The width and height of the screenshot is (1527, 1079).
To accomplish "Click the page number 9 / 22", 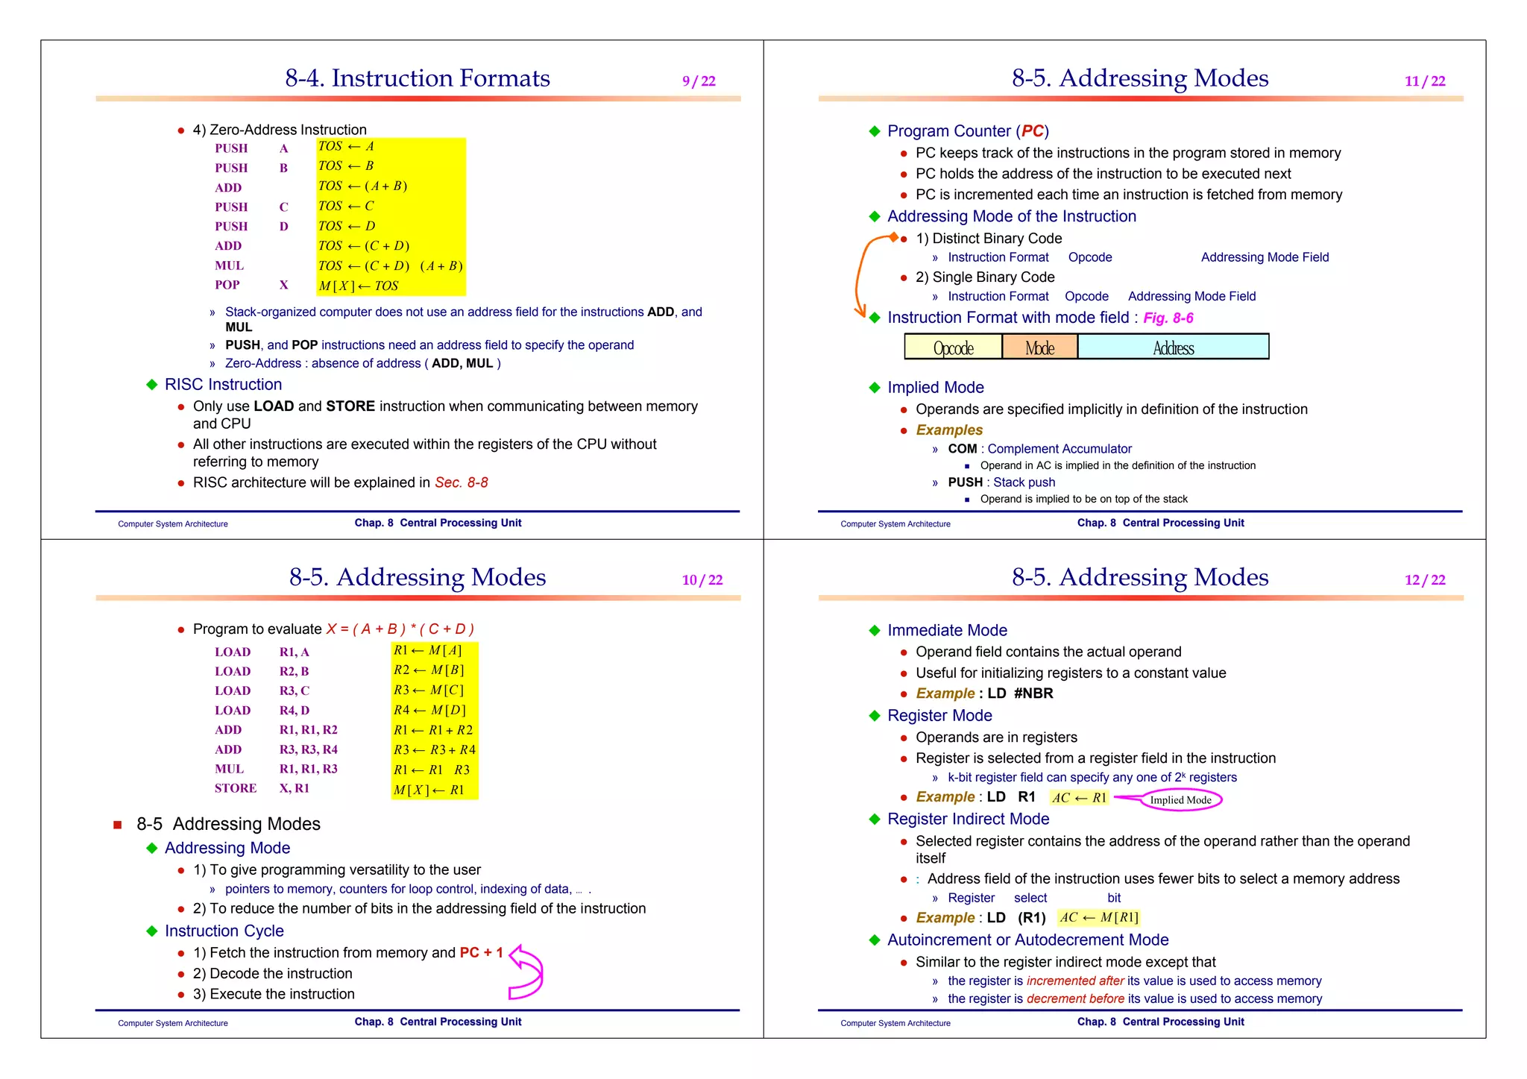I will pyautogui.click(x=699, y=81).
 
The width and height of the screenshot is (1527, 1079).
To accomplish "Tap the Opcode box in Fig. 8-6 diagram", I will pyautogui.click(x=953, y=347).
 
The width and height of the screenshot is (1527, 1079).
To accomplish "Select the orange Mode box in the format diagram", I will pyautogui.click(x=1039, y=347).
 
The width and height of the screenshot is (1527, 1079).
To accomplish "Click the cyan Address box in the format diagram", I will pyautogui.click(x=1173, y=347).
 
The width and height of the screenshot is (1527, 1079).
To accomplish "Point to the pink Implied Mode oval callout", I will pyautogui.click(x=1180, y=800).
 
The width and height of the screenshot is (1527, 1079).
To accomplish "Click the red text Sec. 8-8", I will pyautogui.click(x=462, y=482).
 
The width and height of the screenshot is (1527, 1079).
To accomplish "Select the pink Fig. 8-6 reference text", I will pyautogui.click(x=1168, y=318).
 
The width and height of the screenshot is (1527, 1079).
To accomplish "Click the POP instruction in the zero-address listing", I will pyautogui.click(x=227, y=285).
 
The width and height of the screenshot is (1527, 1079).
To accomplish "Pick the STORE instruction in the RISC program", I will pyautogui.click(x=236, y=788).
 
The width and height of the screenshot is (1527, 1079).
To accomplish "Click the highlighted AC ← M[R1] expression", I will pyautogui.click(x=1099, y=917).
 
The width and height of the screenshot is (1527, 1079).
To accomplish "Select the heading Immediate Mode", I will pyautogui.click(x=947, y=630).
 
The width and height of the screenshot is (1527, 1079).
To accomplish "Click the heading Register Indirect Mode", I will pyautogui.click(x=968, y=819).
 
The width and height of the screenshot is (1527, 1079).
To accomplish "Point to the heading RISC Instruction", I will pyautogui.click(x=223, y=384).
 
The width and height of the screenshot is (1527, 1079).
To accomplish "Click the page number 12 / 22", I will pyautogui.click(x=1424, y=580).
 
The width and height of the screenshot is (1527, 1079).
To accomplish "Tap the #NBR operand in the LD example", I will pyautogui.click(x=1033, y=693).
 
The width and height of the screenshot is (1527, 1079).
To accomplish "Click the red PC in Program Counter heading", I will pyautogui.click(x=1032, y=131).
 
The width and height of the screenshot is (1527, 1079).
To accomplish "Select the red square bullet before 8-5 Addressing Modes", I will pyautogui.click(x=117, y=825).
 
